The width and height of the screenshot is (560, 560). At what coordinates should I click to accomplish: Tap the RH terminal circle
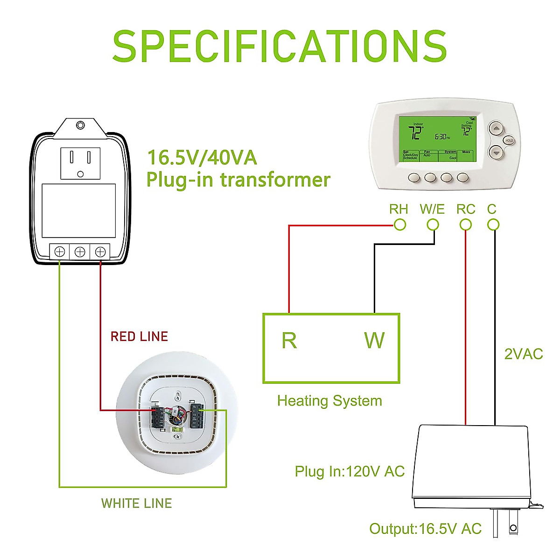click(x=400, y=225)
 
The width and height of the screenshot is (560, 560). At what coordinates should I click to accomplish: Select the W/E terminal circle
click(x=433, y=225)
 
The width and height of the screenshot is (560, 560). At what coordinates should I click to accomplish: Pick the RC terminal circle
click(x=465, y=225)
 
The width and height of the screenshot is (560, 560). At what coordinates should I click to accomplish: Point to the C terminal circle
click(x=493, y=225)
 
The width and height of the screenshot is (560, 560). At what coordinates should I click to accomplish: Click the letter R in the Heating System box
click(x=289, y=341)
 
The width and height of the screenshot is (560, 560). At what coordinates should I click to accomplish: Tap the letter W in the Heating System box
click(x=374, y=341)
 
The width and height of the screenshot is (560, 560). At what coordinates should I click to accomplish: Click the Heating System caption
click(x=329, y=401)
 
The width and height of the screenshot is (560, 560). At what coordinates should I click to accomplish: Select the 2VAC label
click(x=524, y=354)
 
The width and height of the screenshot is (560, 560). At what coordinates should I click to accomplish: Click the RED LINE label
click(x=139, y=336)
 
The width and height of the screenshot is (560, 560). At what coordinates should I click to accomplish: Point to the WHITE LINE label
click(x=137, y=503)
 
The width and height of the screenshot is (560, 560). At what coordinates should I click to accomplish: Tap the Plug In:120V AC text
click(x=350, y=471)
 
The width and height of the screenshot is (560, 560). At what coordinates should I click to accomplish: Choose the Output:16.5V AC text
click(x=425, y=529)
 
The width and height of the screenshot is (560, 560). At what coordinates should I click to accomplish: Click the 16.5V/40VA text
click(x=202, y=158)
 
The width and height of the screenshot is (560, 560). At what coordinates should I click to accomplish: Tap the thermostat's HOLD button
click(x=509, y=140)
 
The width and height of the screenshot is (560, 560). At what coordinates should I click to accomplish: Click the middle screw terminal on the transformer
click(x=80, y=252)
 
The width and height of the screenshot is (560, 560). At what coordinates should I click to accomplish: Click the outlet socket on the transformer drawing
click(x=80, y=163)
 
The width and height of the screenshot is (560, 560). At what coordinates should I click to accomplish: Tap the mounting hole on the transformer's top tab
click(x=80, y=126)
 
